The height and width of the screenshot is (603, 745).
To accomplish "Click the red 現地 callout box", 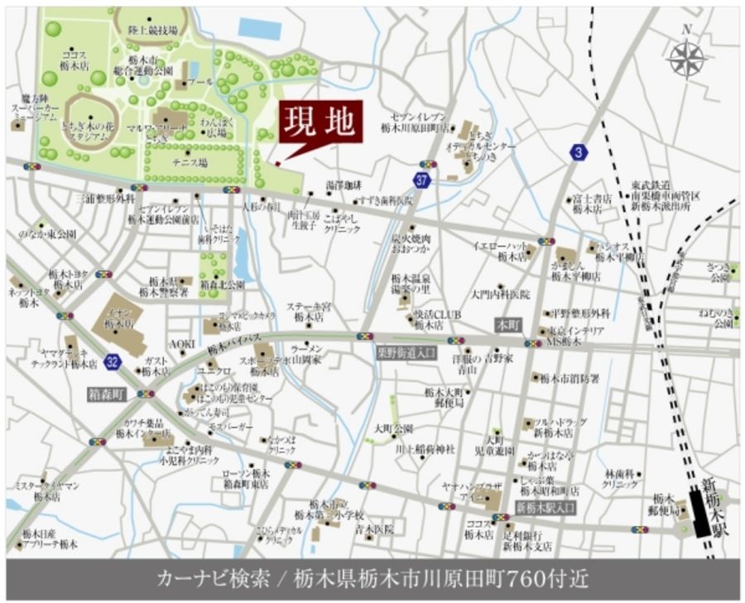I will coord(320,124).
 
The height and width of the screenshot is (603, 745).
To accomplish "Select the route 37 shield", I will coord(423,179).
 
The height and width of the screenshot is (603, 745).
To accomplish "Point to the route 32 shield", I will coord(113,360).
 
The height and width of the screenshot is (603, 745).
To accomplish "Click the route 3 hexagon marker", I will coord(578,152).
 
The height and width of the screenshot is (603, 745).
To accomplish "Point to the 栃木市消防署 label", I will coord(570,379).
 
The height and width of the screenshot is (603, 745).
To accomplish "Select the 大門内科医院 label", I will coord(500,294).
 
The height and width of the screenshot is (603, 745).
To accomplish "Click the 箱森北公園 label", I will coord(223,284).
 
